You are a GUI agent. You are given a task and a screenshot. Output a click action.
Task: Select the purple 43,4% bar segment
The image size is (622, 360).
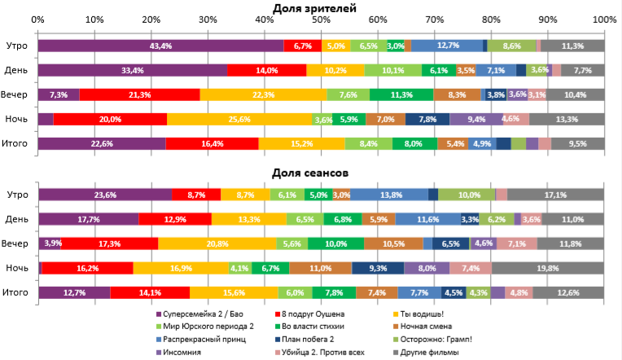tap(160, 46)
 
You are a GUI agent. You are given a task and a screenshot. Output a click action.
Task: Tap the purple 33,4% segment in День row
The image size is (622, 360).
tap(133, 71)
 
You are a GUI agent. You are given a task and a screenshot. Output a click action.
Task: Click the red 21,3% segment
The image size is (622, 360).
tap(139, 95)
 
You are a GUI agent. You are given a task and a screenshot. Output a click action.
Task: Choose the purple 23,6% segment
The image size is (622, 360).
tap(105, 194)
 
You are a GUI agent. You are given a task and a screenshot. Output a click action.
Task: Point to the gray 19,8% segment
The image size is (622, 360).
tap(547, 268)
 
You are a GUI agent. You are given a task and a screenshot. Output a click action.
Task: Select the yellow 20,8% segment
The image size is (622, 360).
tap(217, 244)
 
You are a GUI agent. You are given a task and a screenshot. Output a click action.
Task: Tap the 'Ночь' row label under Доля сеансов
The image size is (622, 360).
tap(17, 268)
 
